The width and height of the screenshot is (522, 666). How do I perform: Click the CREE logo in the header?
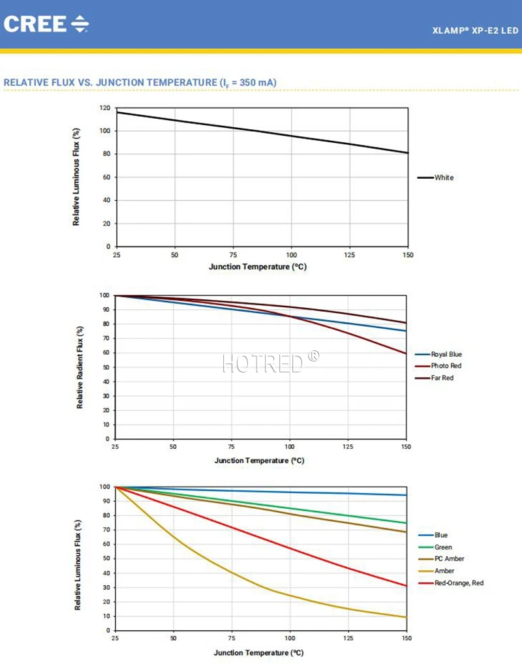click(x=46, y=24)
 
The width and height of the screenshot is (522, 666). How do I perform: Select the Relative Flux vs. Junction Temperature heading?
click(x=140, y=82)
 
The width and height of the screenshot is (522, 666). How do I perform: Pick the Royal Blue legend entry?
click(x=446, y=354)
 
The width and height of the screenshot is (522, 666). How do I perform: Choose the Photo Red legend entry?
click(x=446, y=366)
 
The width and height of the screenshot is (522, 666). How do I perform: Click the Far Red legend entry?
click(x=442, y=378)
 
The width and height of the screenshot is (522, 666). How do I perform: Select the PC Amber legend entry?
click(x=449, y=559)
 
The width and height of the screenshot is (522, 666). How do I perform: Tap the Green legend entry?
click(x=443, y=547)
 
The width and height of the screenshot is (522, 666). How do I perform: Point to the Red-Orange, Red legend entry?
click(x=459, y=583)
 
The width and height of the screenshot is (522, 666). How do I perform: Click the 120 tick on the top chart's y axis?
click(x=104, y=108)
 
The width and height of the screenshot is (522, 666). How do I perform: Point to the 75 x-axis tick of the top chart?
click(x=233, y=255)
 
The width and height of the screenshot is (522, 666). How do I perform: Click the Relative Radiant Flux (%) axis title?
click(x=80, y=367)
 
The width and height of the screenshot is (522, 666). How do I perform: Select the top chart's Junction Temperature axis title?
click(x=258, y=267)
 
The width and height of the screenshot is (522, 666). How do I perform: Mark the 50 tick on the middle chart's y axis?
click(x=104, y=367)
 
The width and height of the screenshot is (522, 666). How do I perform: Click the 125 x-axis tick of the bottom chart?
click(x=348, y=639)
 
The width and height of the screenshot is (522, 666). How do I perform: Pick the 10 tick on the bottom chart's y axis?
click(x=104, y=616)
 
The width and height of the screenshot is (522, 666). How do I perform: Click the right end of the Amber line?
click(x=407, y=617)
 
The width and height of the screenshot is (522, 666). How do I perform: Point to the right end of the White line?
click(x=408, y=153)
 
